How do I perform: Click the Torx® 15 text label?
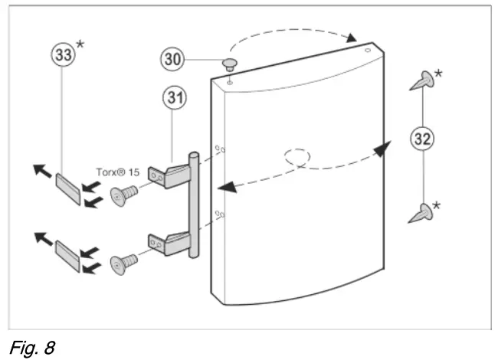tap(118, 172)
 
